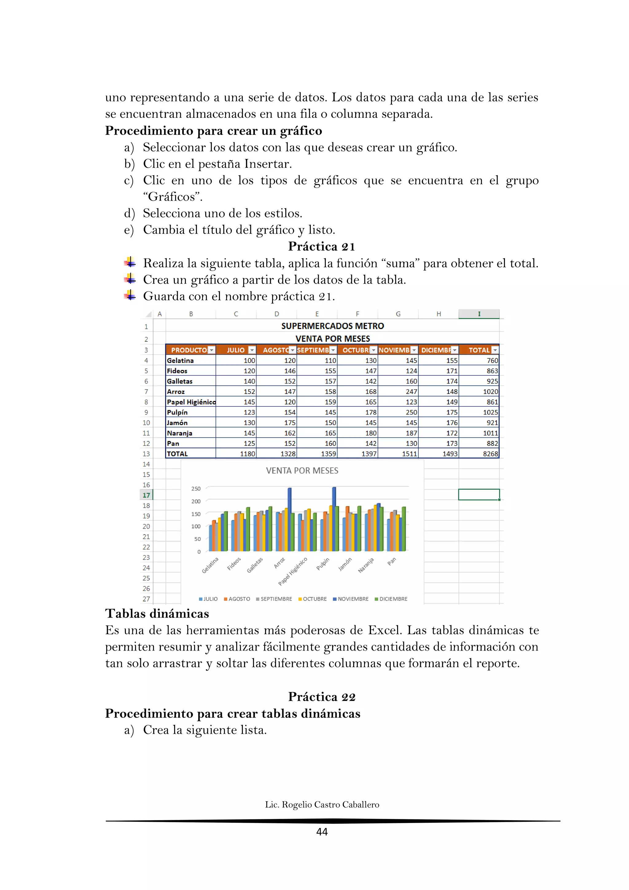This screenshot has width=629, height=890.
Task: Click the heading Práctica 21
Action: coord(322,246)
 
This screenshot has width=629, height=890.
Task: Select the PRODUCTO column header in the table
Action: coord(189,350)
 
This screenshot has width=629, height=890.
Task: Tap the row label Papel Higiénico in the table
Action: coord(190,402)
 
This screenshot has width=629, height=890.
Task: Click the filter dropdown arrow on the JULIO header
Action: coord(252,350)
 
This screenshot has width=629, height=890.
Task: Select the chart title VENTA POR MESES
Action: coord(302,471)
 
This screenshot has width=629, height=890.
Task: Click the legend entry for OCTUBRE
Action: coord(313,599)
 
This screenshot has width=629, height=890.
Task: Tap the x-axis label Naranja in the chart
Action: coord(366,565)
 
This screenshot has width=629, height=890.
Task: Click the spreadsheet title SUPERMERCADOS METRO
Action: coord(332,326)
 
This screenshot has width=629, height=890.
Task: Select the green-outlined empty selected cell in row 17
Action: coord(479,494)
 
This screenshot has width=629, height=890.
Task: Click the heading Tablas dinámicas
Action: coord(157,614)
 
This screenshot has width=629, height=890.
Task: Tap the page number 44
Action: coord(322,832)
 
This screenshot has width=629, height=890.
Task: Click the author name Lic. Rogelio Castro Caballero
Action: coord(322,805)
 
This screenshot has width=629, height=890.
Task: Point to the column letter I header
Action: coord(479,314)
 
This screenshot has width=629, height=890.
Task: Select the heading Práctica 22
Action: coord(322,697)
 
